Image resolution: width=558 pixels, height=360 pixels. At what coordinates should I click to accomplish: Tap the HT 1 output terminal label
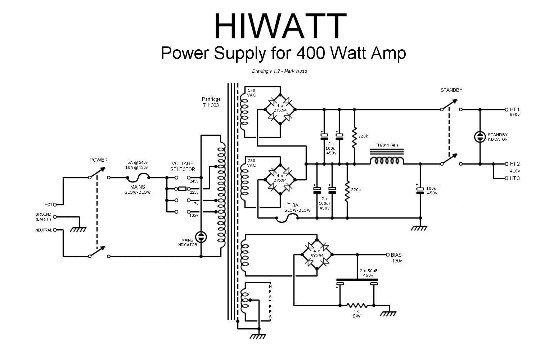click(x=514, y=109)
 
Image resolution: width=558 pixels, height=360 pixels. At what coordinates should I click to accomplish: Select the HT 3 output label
click(x=514, y=178)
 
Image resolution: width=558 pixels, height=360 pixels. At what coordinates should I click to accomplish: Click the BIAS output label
click(x=396, y=255)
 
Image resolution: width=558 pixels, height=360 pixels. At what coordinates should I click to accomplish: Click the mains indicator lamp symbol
click(x=201, y=237)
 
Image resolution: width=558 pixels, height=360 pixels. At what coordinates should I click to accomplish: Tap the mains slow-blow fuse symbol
click(x=139, y=177)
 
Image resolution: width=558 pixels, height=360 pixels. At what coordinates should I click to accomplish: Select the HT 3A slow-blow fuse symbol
click(x=287, y=217)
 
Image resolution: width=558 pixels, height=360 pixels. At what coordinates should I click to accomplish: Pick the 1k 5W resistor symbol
click(x=356, y=306)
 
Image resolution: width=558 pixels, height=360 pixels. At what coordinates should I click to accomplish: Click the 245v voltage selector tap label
click(x=194, y=181)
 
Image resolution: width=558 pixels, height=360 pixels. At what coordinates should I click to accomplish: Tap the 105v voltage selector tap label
click(x=194, y=215)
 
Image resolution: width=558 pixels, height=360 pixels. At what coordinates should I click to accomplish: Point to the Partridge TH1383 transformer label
click(x=211, y=102)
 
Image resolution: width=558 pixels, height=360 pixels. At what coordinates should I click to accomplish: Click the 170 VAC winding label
click(x=251, y=93)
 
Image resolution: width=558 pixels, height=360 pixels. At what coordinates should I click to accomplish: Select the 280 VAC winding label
click(x=251, y=163)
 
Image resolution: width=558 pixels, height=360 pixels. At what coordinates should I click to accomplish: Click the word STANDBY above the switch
click(x=451, y=90)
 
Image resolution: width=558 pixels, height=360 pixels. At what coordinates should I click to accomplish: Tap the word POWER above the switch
click(x=99, y=160)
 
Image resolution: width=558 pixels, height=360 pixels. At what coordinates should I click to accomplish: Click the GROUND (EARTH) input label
click(x=43, y=217)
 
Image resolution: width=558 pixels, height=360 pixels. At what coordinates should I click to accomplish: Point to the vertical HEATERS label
click(x=270, y=301)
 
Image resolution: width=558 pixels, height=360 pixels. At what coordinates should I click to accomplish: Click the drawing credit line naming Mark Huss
click(x=279, y=71)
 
